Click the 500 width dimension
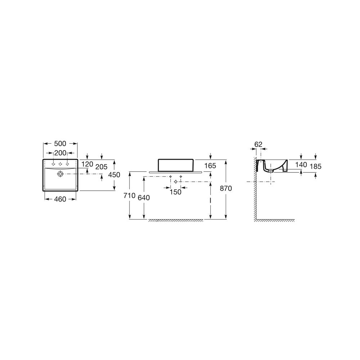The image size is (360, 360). (60, 144)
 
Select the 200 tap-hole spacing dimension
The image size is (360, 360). (60, 153)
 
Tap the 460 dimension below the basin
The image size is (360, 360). (60, 199)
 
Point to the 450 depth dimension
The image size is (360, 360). (114, 175)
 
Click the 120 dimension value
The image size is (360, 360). (87, 164)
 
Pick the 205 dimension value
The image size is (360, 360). (101, 167)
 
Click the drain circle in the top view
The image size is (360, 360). (60, 174)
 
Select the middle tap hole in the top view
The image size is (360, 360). (60, 164)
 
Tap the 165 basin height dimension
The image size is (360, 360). (210, 166)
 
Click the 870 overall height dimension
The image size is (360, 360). (226, 189)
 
